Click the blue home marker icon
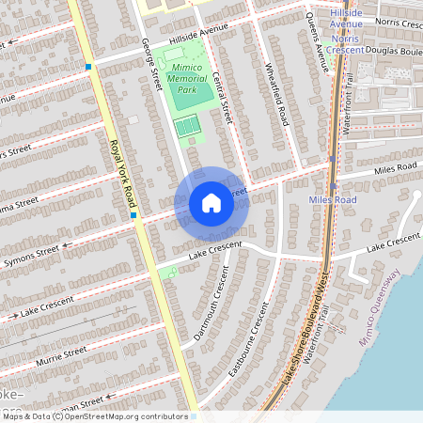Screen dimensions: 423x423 click(211, 203)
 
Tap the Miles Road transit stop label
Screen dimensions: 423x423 click(333, 200)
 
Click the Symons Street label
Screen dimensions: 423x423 click(31, 255)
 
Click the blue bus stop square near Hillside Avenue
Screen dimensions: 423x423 click(88, 66)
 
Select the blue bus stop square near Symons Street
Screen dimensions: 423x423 click(134, 216)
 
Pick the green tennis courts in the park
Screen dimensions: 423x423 click(188, 125)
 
